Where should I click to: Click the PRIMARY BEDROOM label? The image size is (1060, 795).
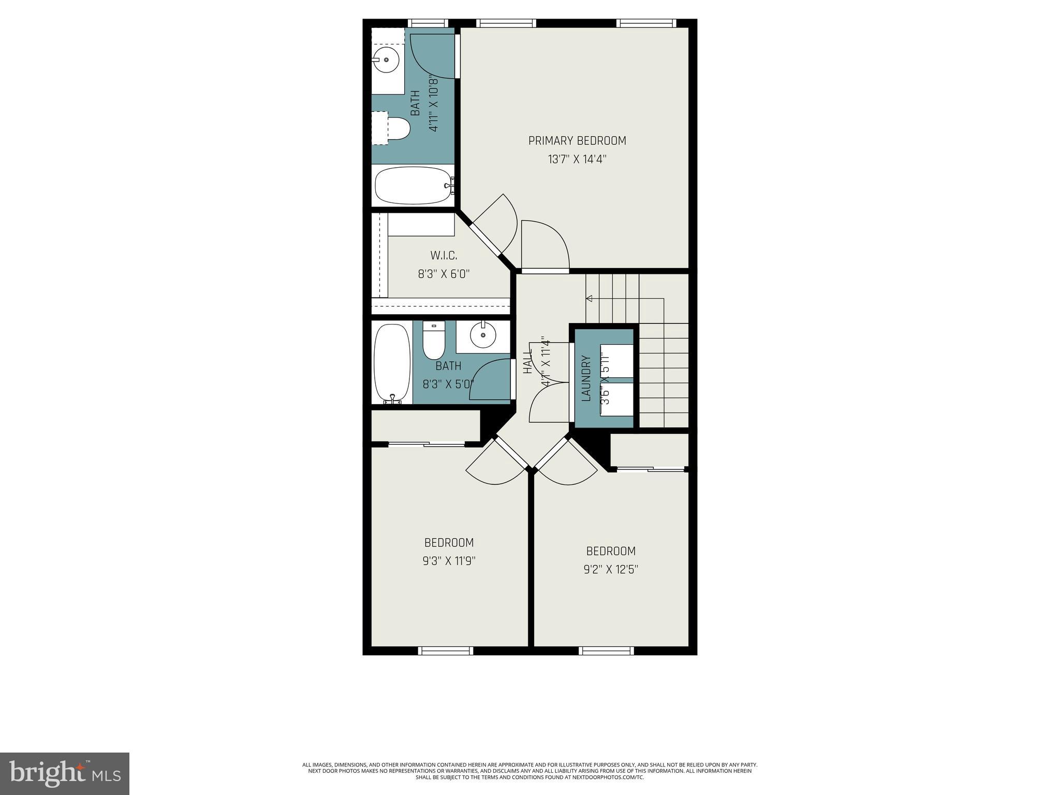pyautogui.click(x=577, y=141)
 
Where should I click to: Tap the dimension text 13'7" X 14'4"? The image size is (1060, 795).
pyautogui.click(x=577, y=159)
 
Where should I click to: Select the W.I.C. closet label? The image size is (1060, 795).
pyautogui.click(x=444, y=256)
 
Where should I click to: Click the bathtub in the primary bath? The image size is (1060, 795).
pyautogui.click(x=412, y=185)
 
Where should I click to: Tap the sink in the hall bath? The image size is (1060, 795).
pyautogui.click(x=483, y=335)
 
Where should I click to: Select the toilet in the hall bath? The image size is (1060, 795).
pyautogui.click(x=434, y=340)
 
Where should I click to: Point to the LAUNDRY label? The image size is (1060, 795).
pyautogui.click(x=586, y=378)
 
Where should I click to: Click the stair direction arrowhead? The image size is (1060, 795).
pyautogui.click(x=589, y=298)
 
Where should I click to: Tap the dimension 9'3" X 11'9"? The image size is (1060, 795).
pyautogui.click(x=449, y=561)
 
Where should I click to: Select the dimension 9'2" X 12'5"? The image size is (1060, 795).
pyautogui.click(x=611, y=569)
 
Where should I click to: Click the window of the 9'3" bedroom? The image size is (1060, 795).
pyautogui.click(x=445, y=651)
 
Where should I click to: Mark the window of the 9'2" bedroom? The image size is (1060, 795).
pyautogui.click(x=606, y=651)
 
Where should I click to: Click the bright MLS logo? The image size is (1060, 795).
pyautogui.click(x=65, y=773)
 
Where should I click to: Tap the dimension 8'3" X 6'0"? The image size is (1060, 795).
pyautogui.click(x=444, y=274)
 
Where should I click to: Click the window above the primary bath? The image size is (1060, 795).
pyautogui.click(x=428, y=23)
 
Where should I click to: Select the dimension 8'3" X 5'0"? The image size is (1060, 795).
pyautogui.click(x=448, y=385)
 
